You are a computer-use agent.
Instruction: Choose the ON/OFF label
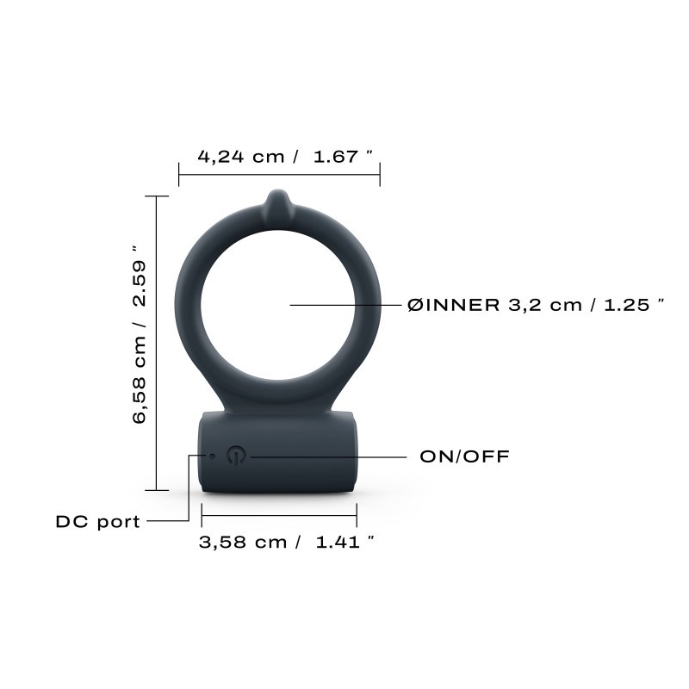(x=464, y=456)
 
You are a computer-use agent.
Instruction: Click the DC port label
(x=97, y=521)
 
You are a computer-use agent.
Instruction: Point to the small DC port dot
(x=212, y=456)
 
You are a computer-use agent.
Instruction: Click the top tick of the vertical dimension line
(x=156, y=196)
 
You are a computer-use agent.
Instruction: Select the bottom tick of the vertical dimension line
(x=156, y=490)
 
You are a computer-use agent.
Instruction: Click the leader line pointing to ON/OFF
(x=327, y=456)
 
